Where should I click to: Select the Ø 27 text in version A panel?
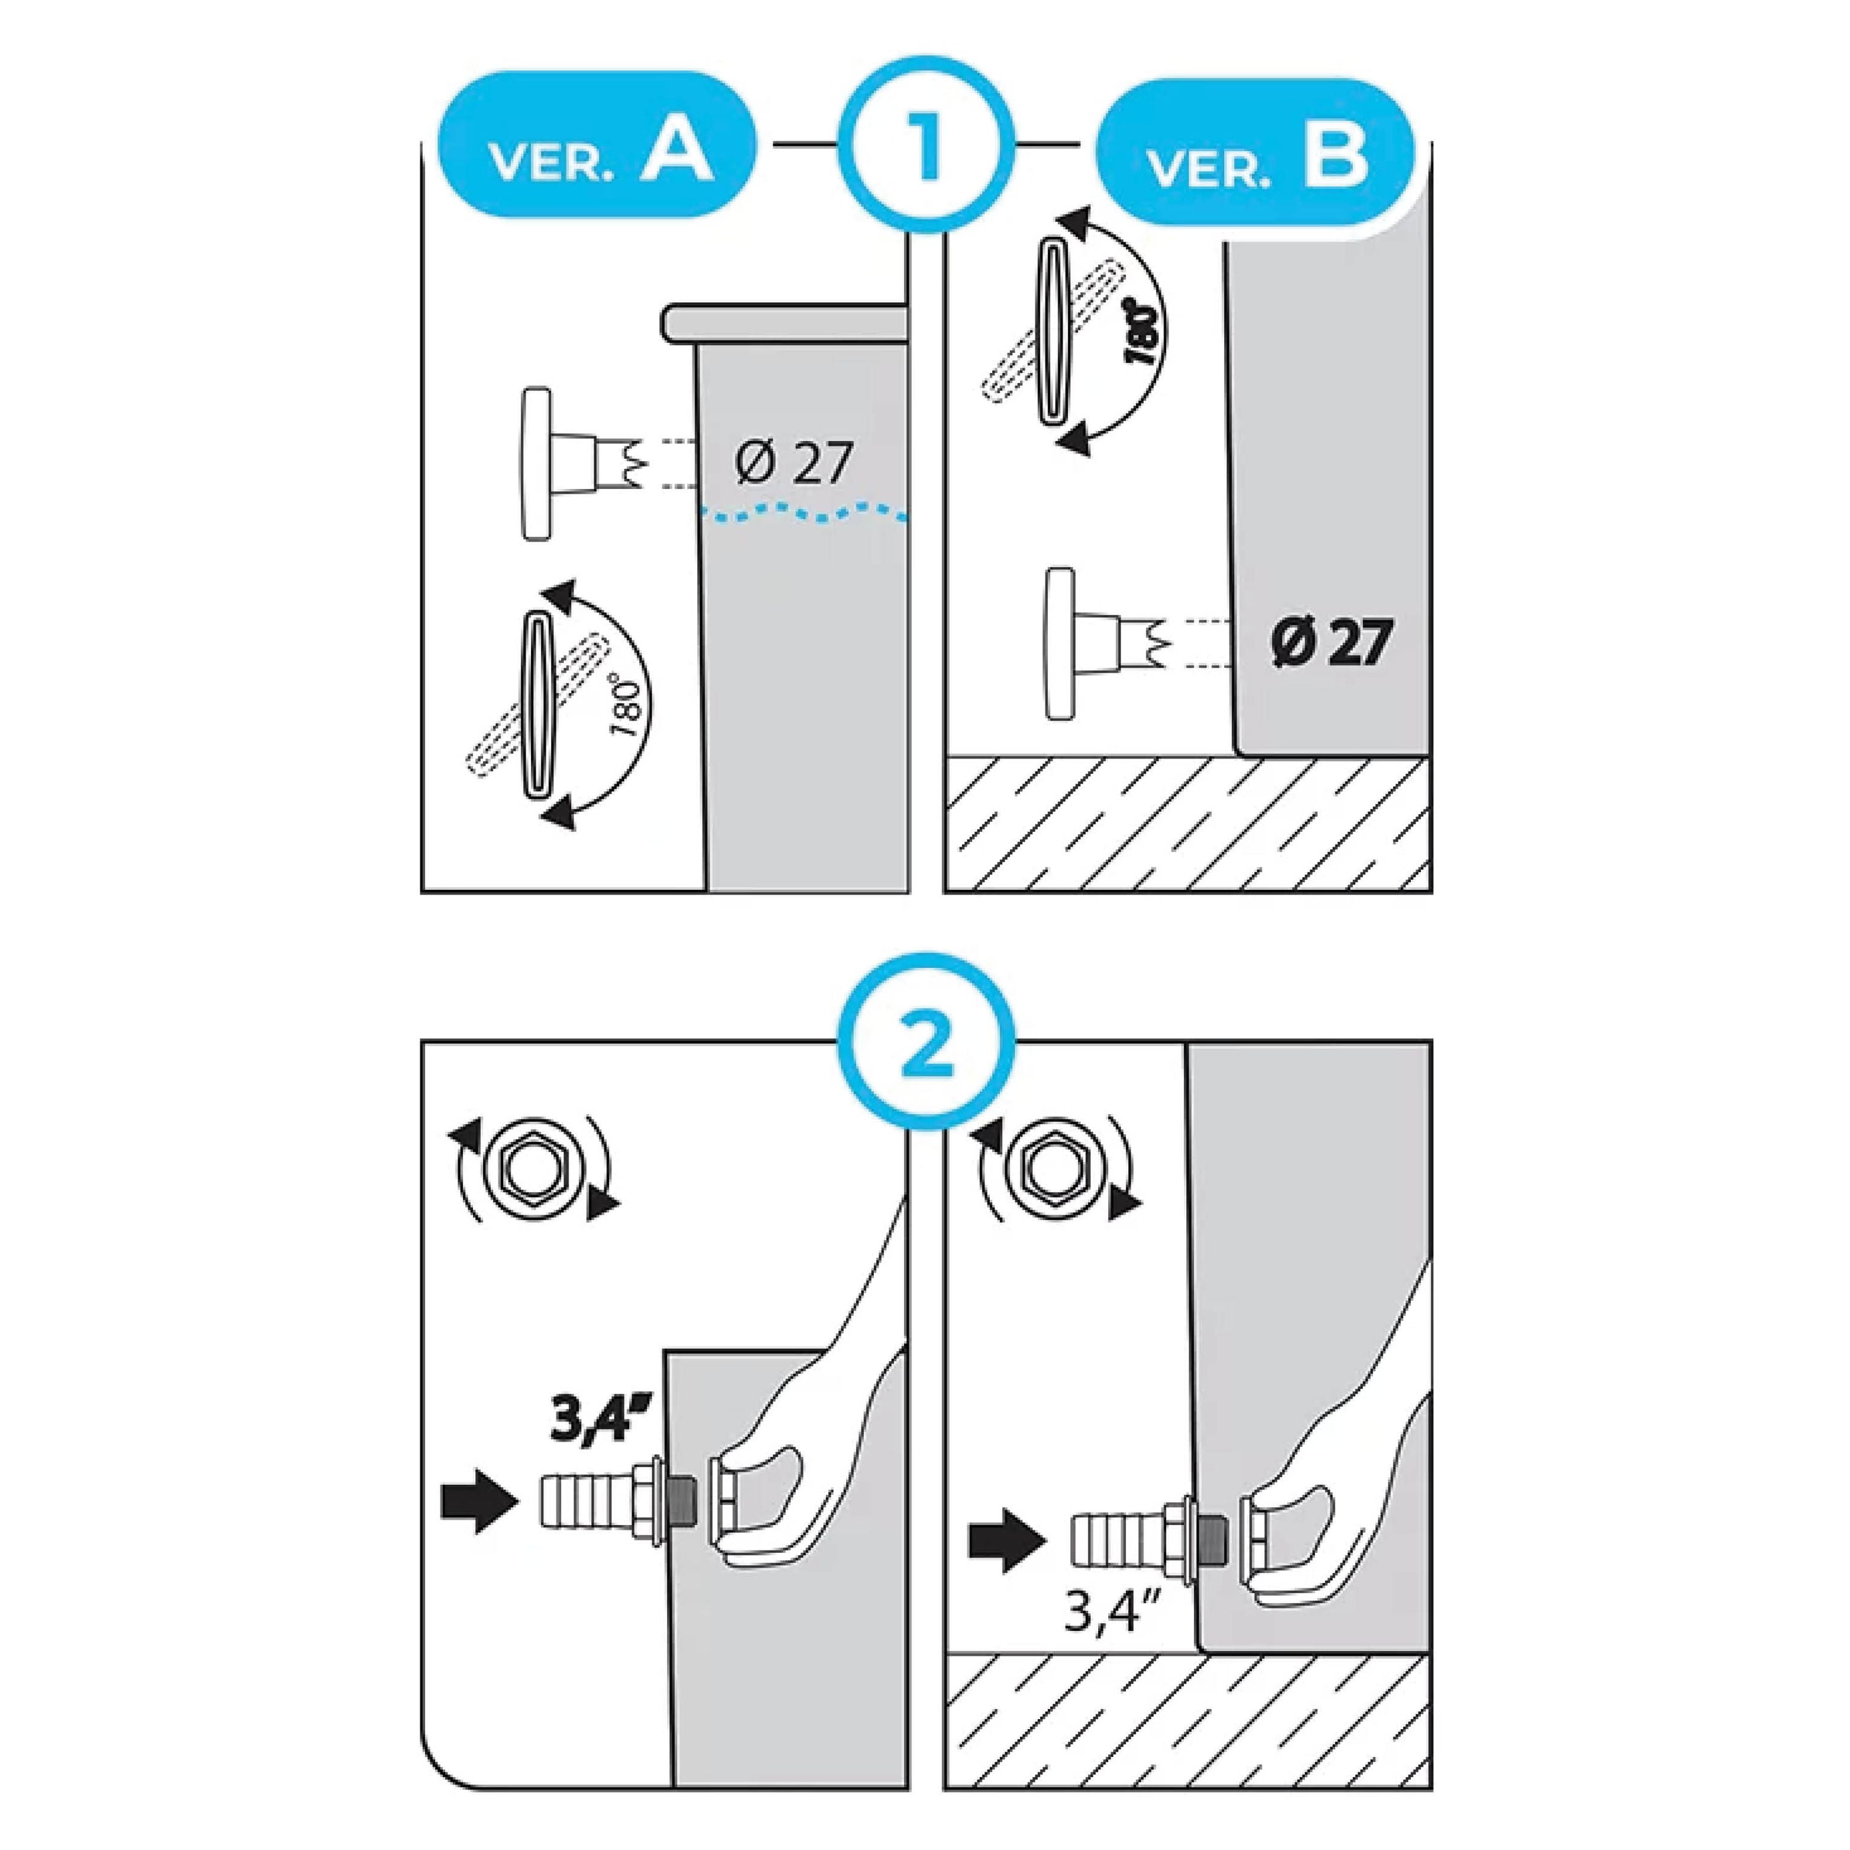click(794, 464)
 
